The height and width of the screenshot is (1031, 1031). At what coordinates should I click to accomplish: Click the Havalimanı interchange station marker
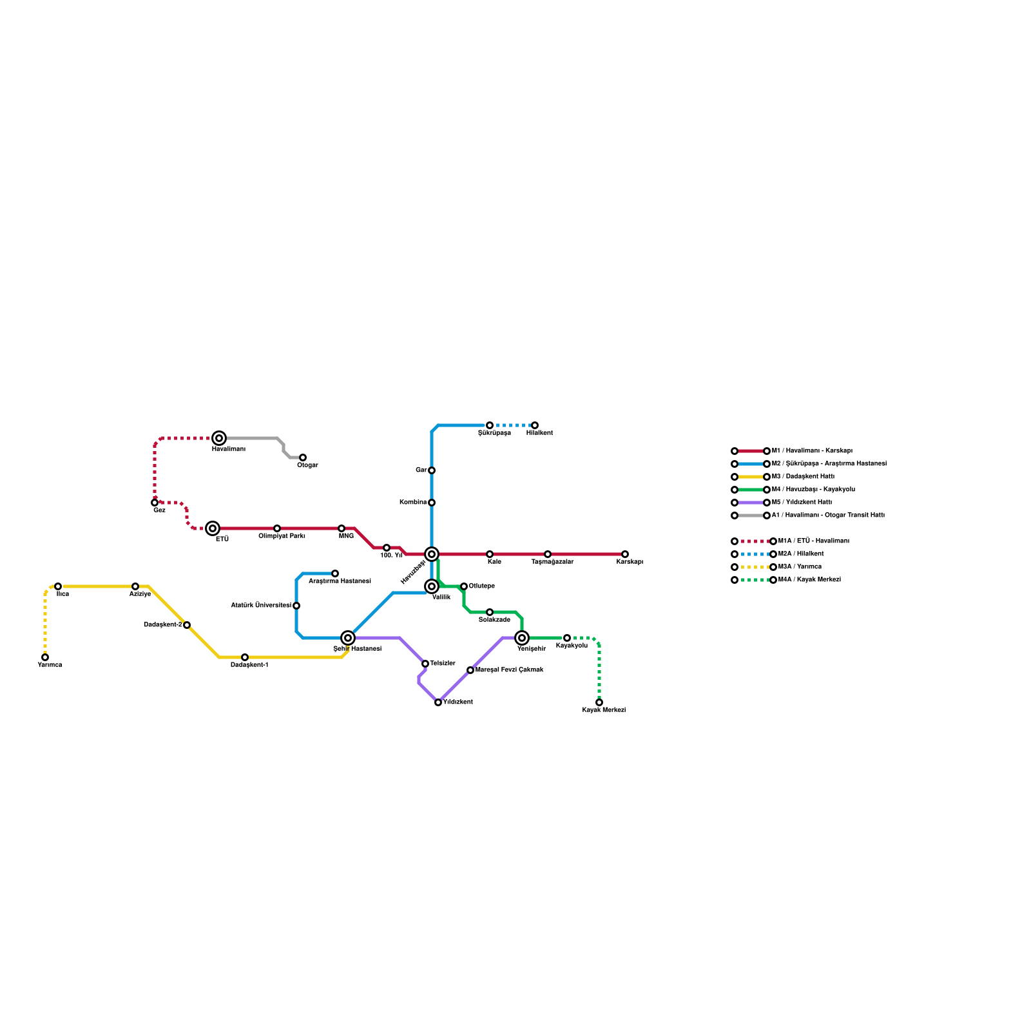pyautogui.click(x=219, y=438)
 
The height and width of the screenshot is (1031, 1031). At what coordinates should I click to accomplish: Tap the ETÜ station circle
pyautogui.click(x=213, y=528)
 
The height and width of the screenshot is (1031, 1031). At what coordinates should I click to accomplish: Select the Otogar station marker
pyautogui.click(x=303, y=458)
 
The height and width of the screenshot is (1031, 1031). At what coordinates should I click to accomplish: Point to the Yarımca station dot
pyautogui.click(x=45, y=657)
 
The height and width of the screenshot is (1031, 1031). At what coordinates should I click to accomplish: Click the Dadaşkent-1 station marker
pyautogui.click(x=245, y=657)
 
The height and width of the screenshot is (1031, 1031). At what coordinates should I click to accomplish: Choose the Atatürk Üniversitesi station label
pyautogui.click(x=261, y=606)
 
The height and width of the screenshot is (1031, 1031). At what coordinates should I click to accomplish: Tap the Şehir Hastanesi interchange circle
pyautogui.click(x=348, y=638)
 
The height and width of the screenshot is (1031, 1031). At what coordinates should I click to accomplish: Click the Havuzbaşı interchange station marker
pyautogui.click(x=432, y=554)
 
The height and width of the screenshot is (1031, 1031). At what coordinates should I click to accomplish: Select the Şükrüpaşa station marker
pyautogui.click(x=490, y=425)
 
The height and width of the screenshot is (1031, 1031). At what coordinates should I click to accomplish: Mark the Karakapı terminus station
pyautogui.click(x=625, y=554)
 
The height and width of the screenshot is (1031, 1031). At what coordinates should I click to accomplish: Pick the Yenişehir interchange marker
pyautogui.click(x=522, y=638)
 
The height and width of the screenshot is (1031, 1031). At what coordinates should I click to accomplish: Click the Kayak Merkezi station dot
pyautogui.click(x=599, y=702)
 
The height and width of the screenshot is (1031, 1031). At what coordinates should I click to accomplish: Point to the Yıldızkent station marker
pyautogui.click(x=438, y=702)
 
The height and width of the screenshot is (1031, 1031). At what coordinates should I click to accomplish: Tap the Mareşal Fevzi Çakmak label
pyautogui.click(x=509, y=670)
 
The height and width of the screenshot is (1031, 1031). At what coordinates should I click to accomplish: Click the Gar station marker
pyautogui.click(x=432, y=470)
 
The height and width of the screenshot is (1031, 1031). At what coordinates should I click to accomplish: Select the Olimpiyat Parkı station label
pyautogui.click(x=282, y=536)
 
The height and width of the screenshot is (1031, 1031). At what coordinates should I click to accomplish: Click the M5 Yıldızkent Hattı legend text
pyautogui.click(x=802, y=503)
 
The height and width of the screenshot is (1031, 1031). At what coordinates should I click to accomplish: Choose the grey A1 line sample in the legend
pyautogui.click(x=751, y=515)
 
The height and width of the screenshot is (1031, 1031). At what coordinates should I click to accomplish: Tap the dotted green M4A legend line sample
pyautogui.click(x=754, y=580)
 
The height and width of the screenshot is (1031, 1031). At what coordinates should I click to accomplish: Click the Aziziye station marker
pyautogui.click(x=135, y=586)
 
